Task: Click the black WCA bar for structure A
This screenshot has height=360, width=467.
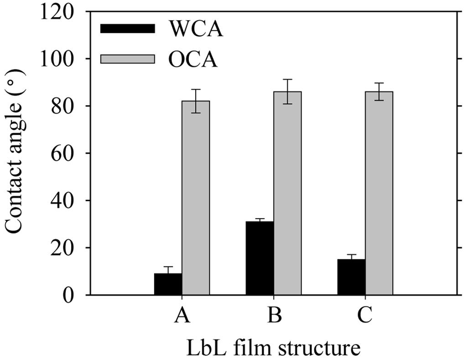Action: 168,284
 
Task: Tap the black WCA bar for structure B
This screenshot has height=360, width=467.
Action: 259,258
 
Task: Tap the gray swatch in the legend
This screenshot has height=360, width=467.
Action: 128,59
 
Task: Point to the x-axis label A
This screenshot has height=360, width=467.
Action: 182,315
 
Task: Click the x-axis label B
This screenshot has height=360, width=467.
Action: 274,315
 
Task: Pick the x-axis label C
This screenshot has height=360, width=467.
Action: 365,315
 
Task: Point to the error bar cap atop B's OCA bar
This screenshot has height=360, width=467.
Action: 287,79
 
